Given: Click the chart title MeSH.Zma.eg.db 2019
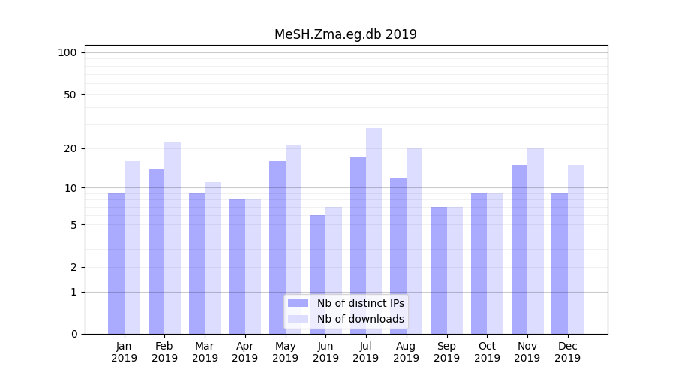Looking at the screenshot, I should [x=345, y=34].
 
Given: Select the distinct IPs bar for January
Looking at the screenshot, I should [x=116, y=263].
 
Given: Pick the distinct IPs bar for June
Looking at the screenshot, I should [x=318, y=274].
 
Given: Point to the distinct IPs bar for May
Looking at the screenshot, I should [x=277, y=247].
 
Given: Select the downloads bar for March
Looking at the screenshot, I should [x=213, y=258].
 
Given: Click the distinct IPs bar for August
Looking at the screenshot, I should [x=398, y=256].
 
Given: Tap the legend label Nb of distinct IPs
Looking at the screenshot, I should [x=360, y=303].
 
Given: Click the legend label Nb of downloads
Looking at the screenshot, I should [x=360, y=319].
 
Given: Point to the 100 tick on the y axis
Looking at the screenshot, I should [x=67, y=52].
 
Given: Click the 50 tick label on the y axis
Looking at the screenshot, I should [x=70, y=94].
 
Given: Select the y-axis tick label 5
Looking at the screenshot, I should [x=73, y=225].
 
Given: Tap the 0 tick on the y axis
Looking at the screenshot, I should [x=73, y=334].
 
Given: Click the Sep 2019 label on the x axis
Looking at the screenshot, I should [x=446, y=352].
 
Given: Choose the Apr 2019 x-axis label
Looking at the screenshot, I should [x=245, y=352].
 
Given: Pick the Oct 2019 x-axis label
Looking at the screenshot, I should [x=487, y=352].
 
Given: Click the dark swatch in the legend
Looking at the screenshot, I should [x=298, y=303].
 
